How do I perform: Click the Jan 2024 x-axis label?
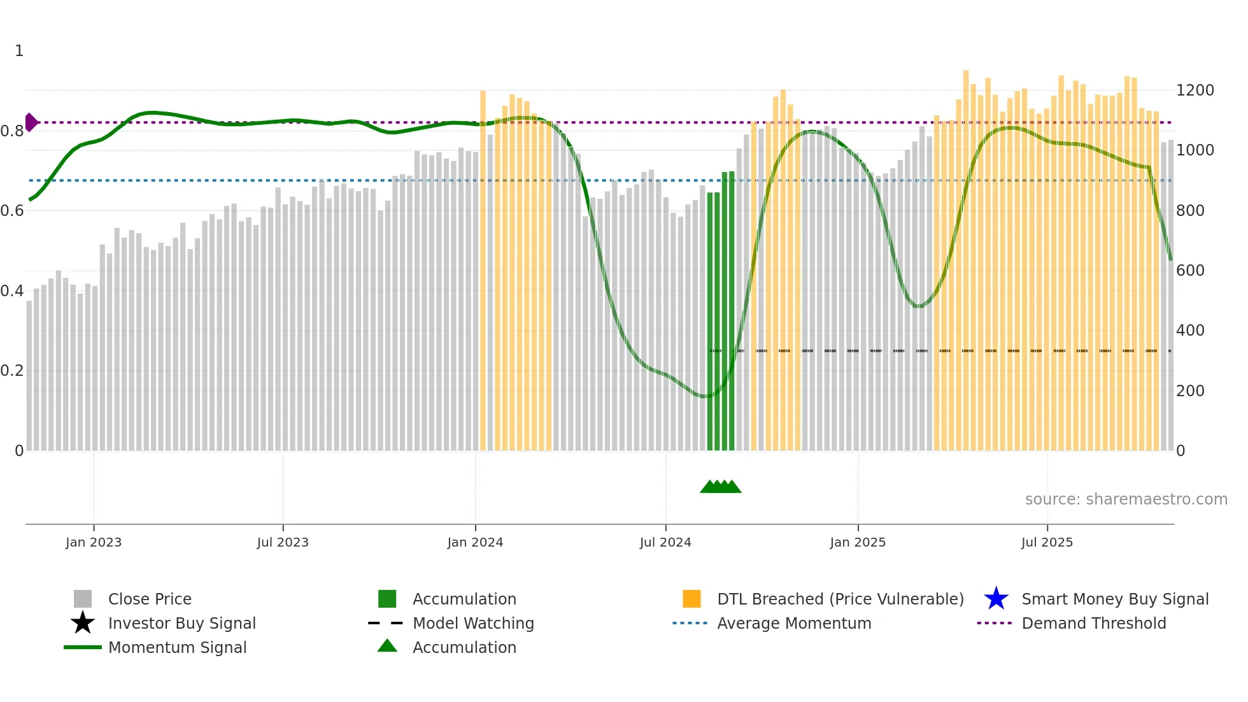(x=475, y=542)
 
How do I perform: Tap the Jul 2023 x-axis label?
(x=283, y=542)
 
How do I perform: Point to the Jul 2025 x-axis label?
(x=1047, y=542)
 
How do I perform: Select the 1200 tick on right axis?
(x=1195, y=90)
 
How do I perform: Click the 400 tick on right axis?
(x=1190, y=331)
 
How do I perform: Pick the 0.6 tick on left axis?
(x=12, y=211)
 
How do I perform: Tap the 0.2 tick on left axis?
(x=12, y=371)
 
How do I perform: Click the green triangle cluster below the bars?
(x=720, y=487)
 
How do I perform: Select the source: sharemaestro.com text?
(x=1126, y=499)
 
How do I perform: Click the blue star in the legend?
(x=996, y=599)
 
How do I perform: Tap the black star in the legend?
(x=83, y=623)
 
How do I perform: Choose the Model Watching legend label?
(x=473, y=623)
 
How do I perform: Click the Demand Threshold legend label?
(x=1093, y=623)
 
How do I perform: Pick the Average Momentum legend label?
(x=794, y=623)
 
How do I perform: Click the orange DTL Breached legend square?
(x=691, y=599)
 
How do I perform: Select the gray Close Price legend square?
(x=83, y=599)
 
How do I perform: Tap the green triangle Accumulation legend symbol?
(x=387, y=647)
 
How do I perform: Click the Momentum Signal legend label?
(x=177, y=647)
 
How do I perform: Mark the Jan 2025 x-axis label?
(x=858, y=542)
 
